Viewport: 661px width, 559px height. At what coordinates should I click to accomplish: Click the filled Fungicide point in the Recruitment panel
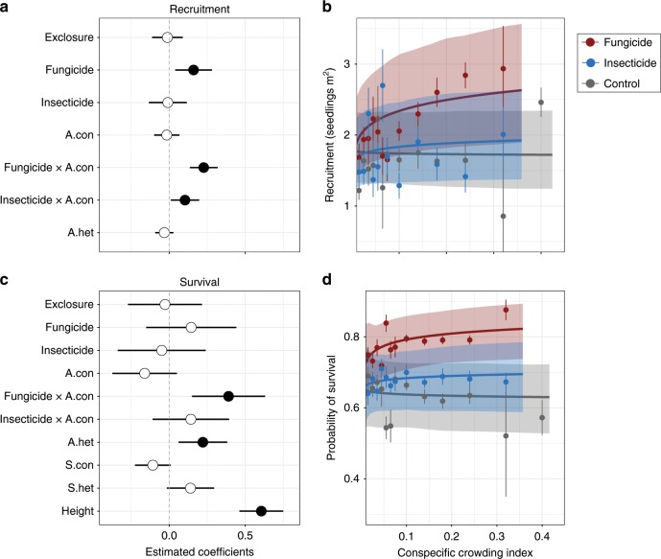click(193, 70)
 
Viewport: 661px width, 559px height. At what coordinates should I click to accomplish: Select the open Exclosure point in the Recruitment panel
click(167, 37)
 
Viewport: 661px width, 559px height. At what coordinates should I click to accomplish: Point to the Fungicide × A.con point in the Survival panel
click(228, 423)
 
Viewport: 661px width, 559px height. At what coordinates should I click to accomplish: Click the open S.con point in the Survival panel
click(153, 465)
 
